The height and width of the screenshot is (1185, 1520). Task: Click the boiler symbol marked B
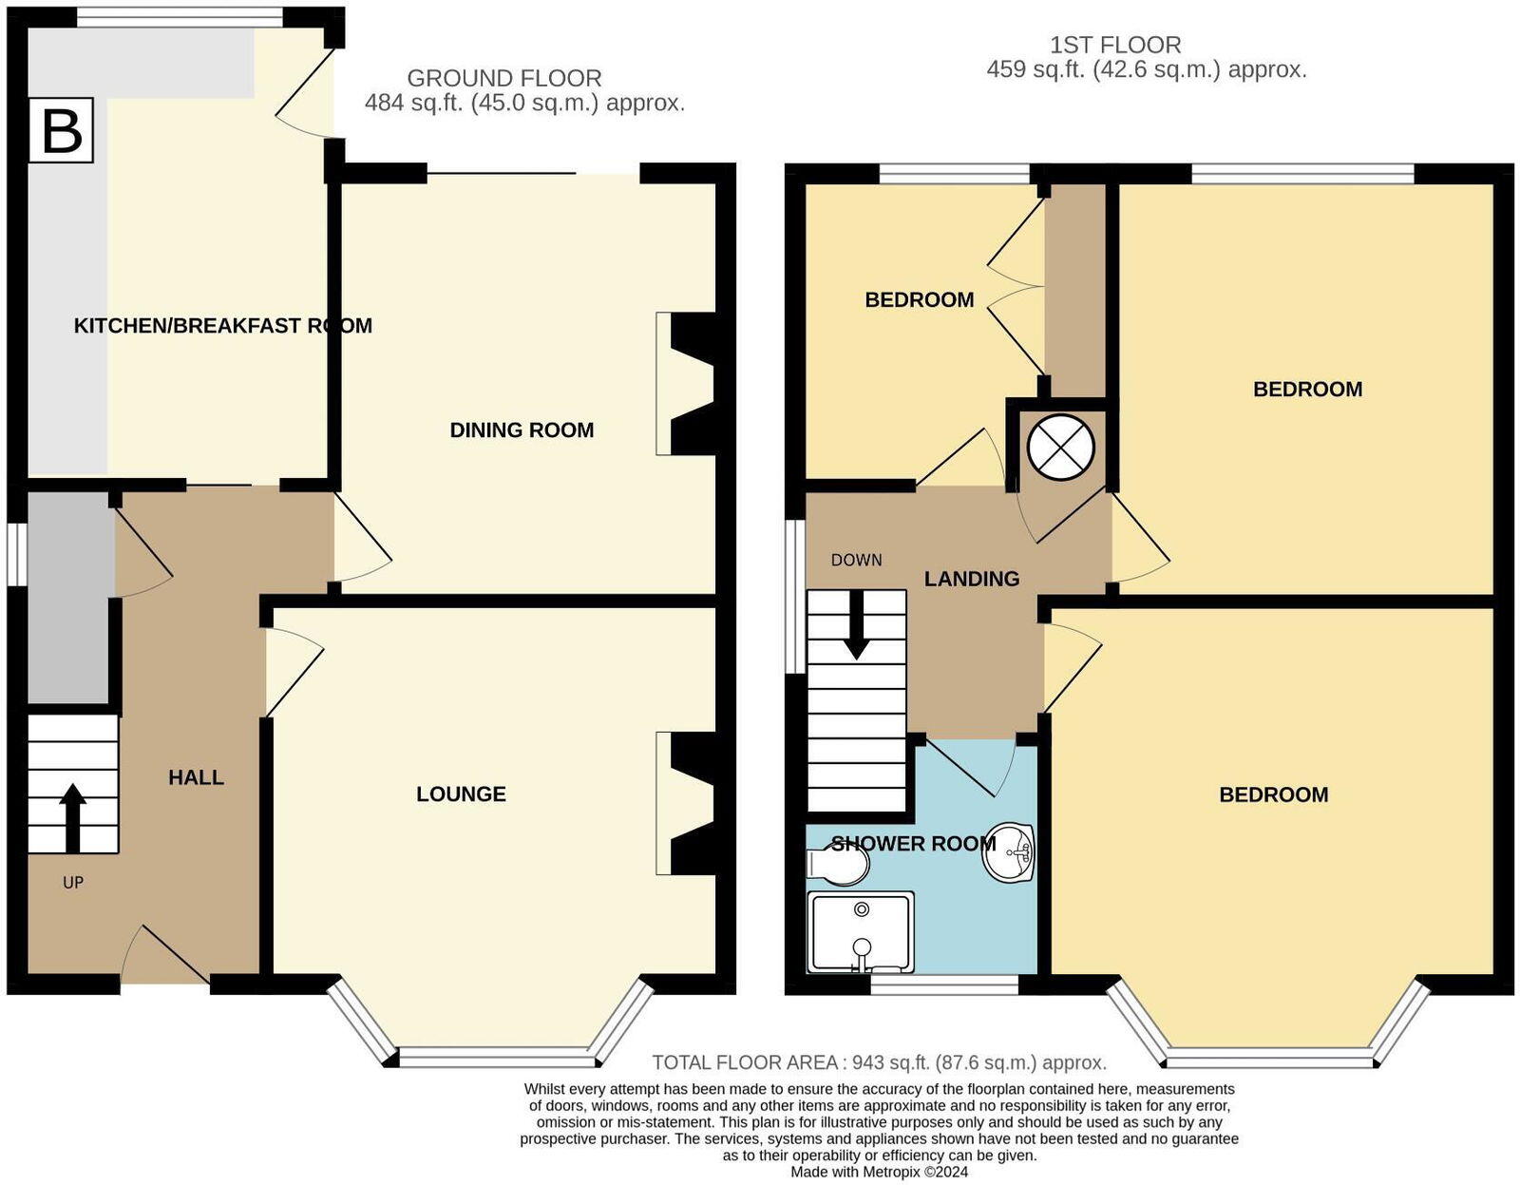61,130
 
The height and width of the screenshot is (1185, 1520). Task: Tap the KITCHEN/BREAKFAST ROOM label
222,326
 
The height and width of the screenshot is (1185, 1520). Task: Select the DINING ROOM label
522,430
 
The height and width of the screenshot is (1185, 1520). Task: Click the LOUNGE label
461,794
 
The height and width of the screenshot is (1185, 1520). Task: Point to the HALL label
196,777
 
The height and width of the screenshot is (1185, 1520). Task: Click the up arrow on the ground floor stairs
72,817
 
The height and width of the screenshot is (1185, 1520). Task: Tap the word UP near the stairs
73,883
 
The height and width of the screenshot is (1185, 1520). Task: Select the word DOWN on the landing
856,561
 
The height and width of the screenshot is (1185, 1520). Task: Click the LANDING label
972,579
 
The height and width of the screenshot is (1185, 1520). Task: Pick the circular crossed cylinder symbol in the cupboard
1061,447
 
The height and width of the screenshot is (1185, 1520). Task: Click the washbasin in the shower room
1009,851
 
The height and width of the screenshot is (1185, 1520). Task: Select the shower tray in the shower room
861,932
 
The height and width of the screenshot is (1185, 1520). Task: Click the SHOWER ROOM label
912,844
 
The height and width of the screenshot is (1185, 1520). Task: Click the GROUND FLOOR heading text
504,78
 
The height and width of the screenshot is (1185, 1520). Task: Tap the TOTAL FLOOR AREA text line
879,1062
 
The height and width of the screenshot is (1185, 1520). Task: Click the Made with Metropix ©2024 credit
879,1173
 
